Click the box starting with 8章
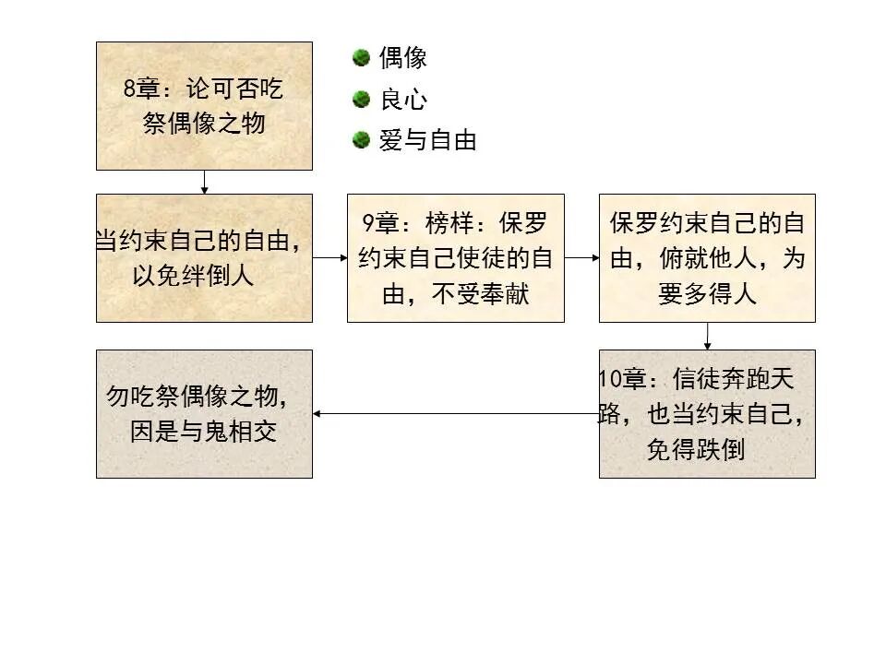pos(204,106)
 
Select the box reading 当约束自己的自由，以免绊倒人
pos(204,258)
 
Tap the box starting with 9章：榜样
pos(455,258)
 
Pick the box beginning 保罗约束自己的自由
pos(707,258)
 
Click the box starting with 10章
pos(707,414)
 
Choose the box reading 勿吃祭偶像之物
pos(204,414)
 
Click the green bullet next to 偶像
pos(361,58)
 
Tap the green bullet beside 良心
pos(361,99)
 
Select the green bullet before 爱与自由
pos(361,140)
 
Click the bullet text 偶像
pos(403,59)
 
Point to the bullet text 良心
pos(403,100)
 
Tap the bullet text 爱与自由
pos(428,141)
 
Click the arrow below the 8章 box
pos(204,183)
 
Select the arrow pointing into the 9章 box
pos(329,258)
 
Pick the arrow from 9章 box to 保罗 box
pos(581,258)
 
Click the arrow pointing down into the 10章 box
pos(707,336)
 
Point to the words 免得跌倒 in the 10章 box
pos(695,450)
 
